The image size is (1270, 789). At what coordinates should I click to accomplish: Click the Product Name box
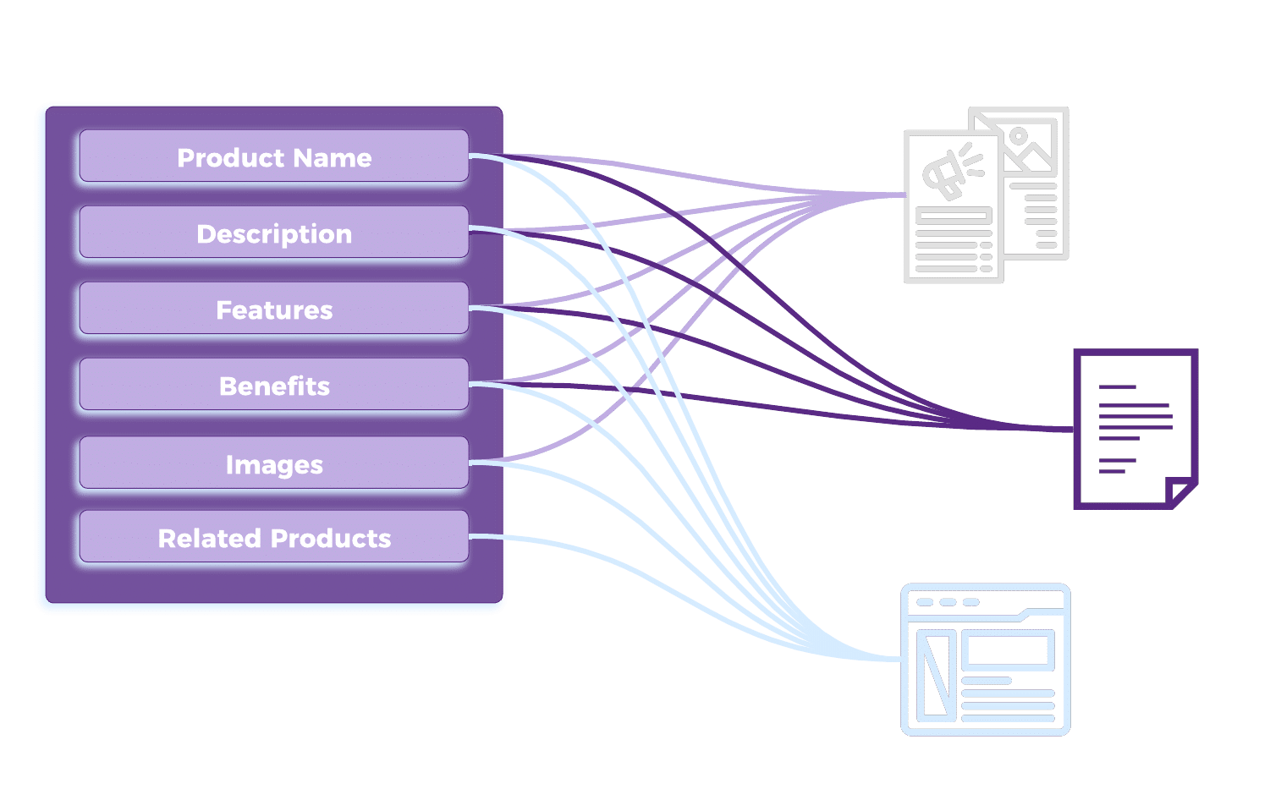point(273,156)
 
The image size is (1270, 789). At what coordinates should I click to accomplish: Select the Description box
point(273,233)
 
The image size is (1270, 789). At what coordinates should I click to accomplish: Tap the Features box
point(273,309)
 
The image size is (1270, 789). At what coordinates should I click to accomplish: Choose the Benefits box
point(273,385)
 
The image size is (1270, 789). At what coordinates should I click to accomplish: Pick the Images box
point(273,463)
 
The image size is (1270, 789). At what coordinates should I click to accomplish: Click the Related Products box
point(273,537)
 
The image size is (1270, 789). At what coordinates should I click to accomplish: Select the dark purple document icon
point(1135,429)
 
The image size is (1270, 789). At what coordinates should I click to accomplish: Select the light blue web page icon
point(986,660)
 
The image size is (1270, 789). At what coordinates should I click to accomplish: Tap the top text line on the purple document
point(1117,387)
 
